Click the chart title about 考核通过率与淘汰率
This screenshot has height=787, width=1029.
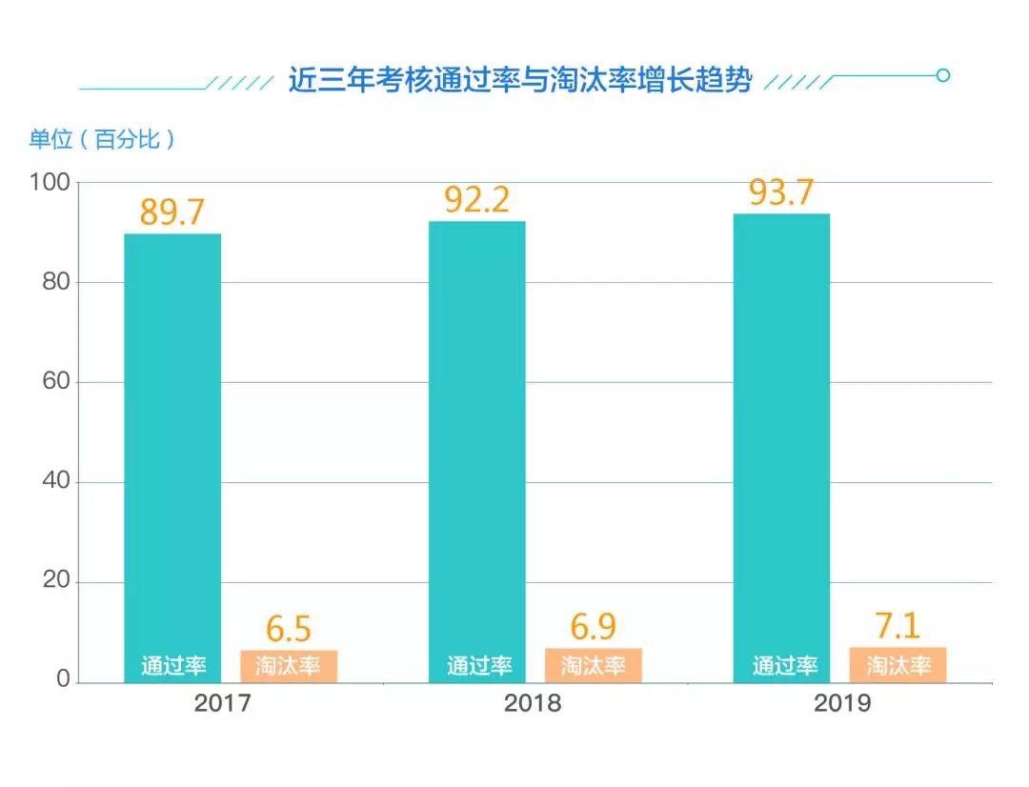[520, 80]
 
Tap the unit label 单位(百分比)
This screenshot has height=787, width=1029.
[102, 139]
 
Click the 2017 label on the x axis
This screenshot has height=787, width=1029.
[222, 704]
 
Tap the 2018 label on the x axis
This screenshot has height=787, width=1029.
[533, 704]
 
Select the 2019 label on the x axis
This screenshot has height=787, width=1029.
[842, 704]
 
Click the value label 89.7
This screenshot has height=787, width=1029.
[172, 212]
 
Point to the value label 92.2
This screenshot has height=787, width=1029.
[477, 199]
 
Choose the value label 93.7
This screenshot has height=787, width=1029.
[781, 192]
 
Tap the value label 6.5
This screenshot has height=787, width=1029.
[289, 629]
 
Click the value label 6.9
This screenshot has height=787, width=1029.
[594, 627]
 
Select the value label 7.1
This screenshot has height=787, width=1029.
[898, 626]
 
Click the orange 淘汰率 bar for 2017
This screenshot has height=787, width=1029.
[289, 666]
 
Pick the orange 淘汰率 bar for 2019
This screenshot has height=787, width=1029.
[898, 665]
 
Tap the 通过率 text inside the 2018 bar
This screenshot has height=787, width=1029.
[479, 666]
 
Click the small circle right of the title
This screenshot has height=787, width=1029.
[943, 75]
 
